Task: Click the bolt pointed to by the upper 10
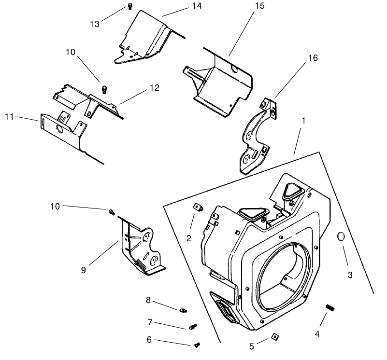point(103,89)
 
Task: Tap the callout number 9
point(83,270)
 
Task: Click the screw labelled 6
point(197,345)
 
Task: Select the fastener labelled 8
point(183,309)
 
